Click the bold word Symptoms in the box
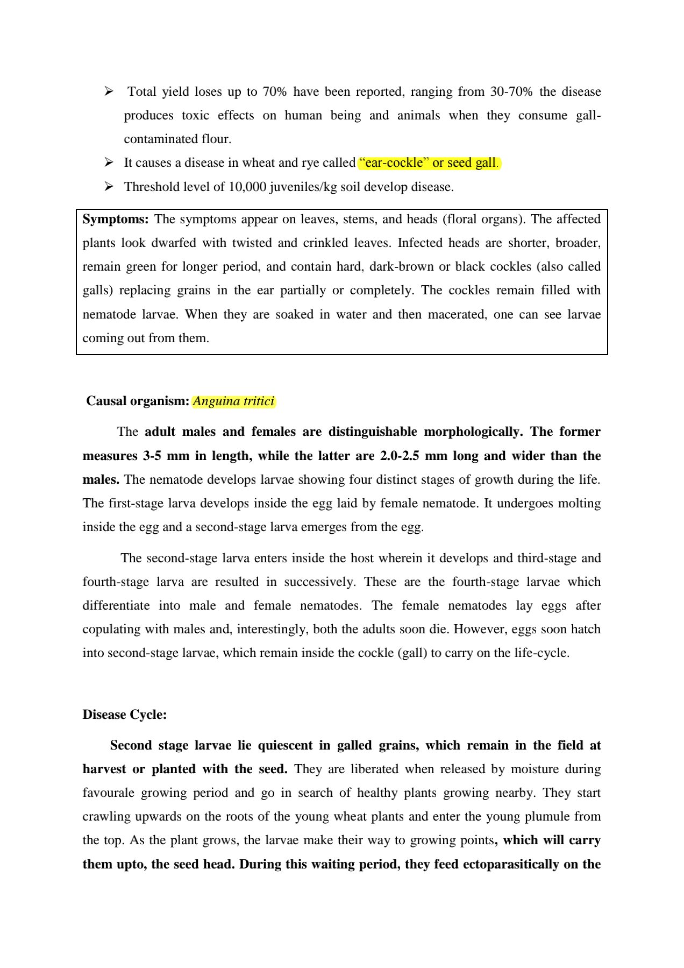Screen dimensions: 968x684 click(x=115, y=220)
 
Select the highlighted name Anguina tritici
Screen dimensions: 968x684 click(x=233, y=401)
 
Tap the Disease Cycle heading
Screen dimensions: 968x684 click(x=124, y=715)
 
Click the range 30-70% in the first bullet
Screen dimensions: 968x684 click(x=511, y=92)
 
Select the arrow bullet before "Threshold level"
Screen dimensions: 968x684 click(x=109, y=187)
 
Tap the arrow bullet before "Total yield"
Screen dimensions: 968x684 click(x=109, y=91)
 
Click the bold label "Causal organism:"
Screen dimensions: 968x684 click(x=138, y=401)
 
